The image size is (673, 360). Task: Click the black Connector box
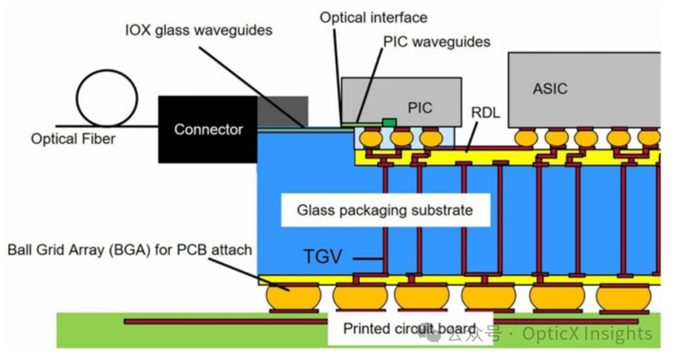208,129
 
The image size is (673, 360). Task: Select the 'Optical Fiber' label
73,139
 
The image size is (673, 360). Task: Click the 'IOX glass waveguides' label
199,31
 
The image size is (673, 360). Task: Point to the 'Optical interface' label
373,17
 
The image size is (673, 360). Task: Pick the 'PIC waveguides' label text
436,42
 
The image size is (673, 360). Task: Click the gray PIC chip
401,102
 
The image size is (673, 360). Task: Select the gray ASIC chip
584,90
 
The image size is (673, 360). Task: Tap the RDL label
485,112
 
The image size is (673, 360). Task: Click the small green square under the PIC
389,123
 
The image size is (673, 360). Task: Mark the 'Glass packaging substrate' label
385,211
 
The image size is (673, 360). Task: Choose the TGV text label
323,257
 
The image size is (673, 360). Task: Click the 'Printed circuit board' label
409,329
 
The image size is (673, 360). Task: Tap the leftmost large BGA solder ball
294,296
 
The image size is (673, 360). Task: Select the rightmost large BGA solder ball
624,297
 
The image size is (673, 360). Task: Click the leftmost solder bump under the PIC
371,138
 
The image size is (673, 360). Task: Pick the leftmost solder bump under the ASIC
526,138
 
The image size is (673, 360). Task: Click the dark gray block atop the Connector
283,111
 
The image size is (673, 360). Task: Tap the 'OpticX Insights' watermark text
587,334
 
